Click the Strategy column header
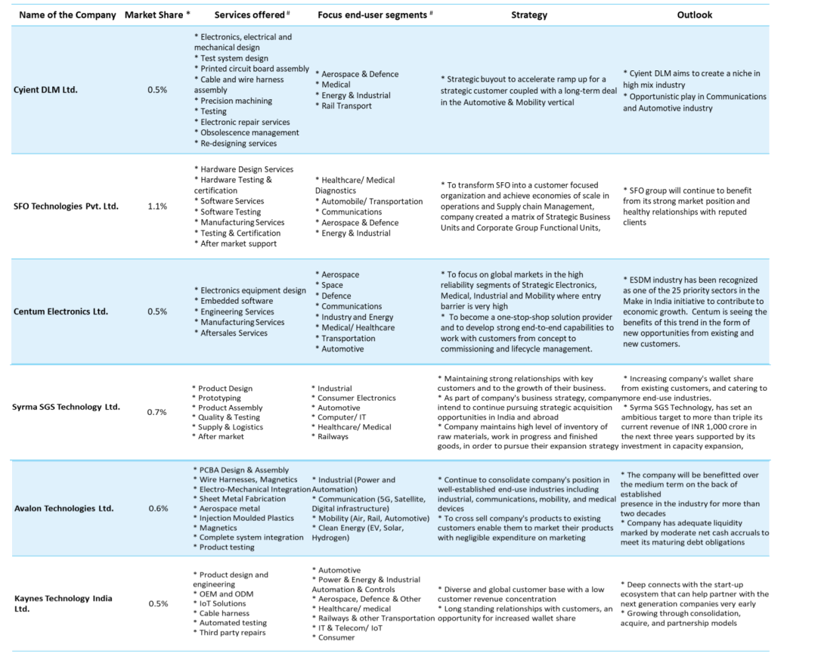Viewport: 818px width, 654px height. tap(528, 14)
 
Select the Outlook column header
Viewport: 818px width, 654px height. tap(694, 14)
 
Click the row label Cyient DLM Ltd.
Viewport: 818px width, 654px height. tap(45, 90)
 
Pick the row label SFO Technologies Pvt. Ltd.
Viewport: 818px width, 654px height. tap(66, 206)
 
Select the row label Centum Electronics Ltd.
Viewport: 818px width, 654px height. tap(60, 312)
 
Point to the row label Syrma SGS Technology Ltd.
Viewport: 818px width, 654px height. tap(66, 407)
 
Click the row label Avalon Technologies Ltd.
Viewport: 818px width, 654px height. tap(64, 508)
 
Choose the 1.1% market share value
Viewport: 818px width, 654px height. tap(157, 206)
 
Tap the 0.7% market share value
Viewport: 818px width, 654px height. tap(157, 412)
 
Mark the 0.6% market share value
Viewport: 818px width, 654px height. tap(157, 508)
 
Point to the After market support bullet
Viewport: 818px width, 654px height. tap(237, 243)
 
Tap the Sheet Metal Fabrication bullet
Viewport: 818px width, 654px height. tap(242, 499)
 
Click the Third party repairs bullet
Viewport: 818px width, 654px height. tap(231, 633)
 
